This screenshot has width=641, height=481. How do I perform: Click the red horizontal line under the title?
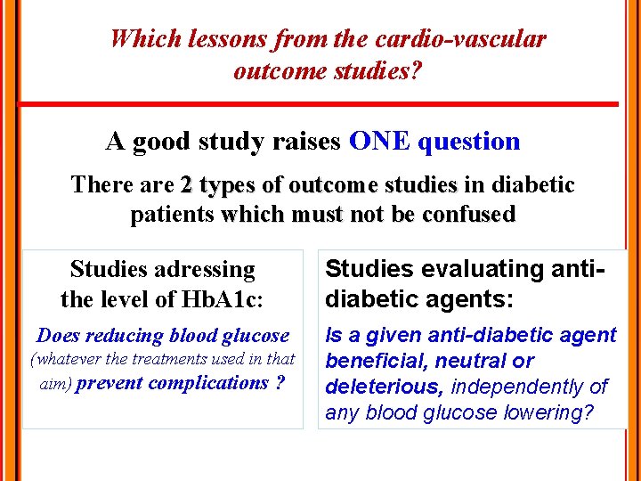click(319, 104)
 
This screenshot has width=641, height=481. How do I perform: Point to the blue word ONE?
click(380, 141)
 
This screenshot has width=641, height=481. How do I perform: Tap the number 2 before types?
click(186, 185)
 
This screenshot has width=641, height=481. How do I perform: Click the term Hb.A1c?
click(223, 299)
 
